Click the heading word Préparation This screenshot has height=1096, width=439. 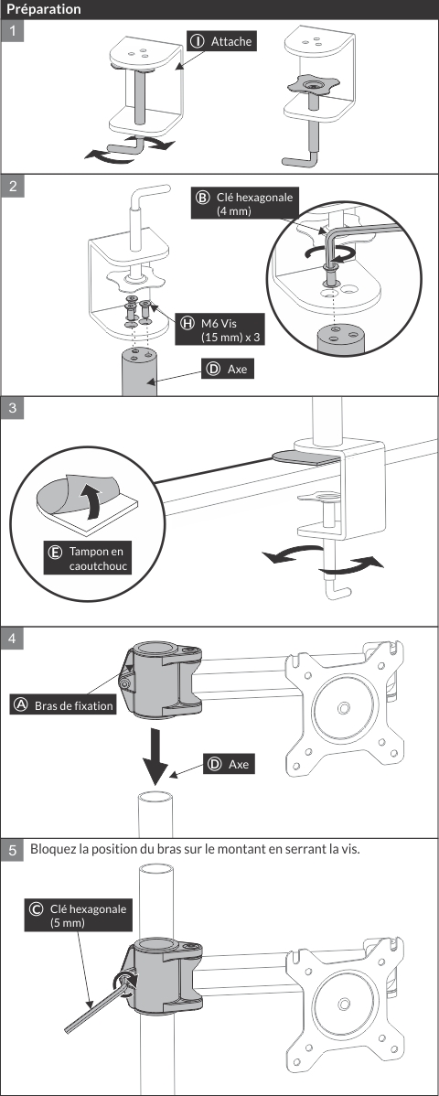point(43,9)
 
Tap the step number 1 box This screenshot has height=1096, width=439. point(13,31)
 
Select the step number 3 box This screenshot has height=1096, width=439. point(13,407)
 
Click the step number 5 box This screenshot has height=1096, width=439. point(13,851)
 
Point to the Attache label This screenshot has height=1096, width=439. point(221,41)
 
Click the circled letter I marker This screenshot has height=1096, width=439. point(198,41)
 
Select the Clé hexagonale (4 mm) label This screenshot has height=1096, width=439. point(245,204)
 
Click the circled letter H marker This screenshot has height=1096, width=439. point(187,322)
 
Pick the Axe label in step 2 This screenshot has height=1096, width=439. point(227,369)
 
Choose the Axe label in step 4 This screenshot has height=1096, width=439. point(229,764)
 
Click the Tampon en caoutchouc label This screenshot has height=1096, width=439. point(88,558)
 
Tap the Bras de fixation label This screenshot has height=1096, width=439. point(62,705)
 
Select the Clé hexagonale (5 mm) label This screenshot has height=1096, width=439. point(78,916)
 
